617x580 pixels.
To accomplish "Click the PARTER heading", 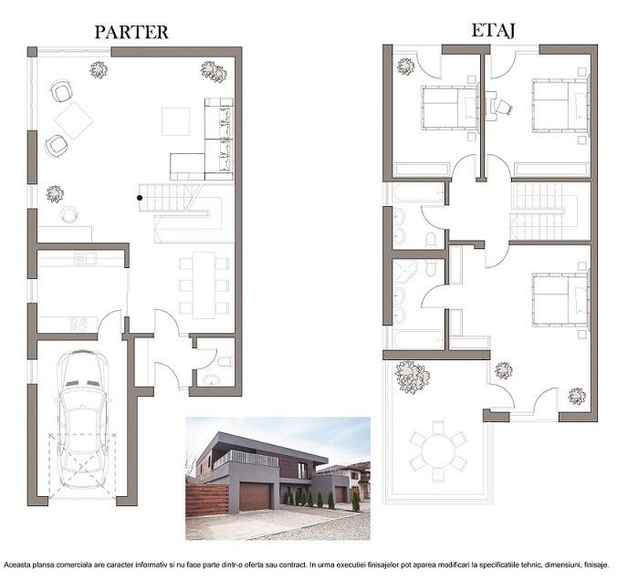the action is tap(131, 32).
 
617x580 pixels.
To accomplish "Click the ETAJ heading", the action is tap(493, 31).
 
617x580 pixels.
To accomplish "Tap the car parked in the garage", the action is tap(82, 419).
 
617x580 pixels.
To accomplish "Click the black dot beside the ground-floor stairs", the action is tap(140, 198).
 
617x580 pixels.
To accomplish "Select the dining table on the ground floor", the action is tap(204, 285).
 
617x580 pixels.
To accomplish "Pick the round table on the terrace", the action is tap(437, 451).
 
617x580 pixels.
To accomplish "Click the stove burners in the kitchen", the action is tap(78, 325).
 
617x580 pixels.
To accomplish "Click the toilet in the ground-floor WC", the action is tap(225, 361).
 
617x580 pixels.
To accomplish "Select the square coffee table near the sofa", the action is tap(175, 121).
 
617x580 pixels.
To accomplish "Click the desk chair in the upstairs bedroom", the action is tap(504, 107).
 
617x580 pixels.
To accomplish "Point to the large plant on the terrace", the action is tap(412, 377).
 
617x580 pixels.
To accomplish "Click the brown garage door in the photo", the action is tap(255, 496).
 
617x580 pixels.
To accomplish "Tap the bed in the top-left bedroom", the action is tap(449, 108).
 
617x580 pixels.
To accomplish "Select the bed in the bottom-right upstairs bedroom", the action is tap(560, 300).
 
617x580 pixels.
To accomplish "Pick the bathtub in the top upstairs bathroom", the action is tap(419, 192).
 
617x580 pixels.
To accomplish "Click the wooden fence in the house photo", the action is tap(207, 500).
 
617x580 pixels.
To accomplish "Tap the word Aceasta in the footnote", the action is tap(16, 565).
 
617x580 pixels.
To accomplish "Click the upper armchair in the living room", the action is tap(61, 92).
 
